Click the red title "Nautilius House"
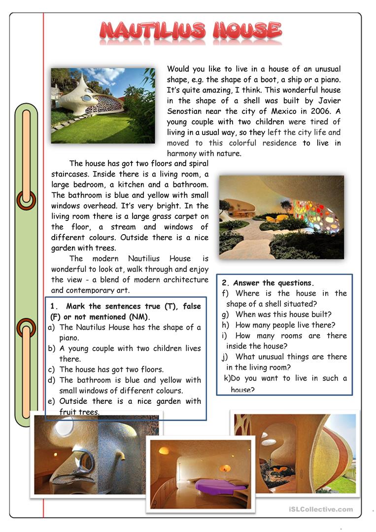190,31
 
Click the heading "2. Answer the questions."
268,283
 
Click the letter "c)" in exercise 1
51,369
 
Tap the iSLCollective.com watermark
321,509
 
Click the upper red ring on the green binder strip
26,200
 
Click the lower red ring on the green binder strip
26,327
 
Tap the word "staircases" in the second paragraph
70,174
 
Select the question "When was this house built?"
283,315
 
